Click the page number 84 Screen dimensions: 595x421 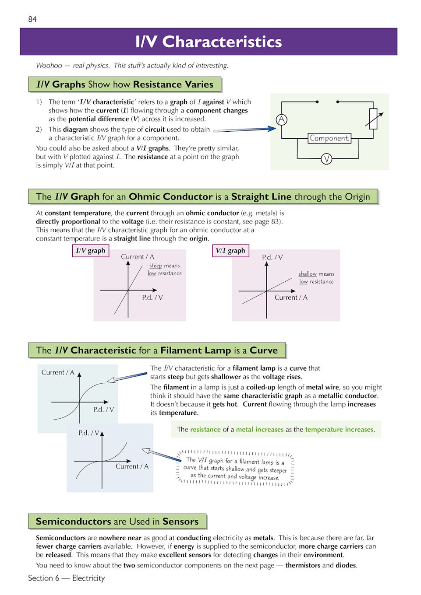click(32, 19)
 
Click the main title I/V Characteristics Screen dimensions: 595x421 click(209, 42)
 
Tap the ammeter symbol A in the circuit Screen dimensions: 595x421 click(282, 119)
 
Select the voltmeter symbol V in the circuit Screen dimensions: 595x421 click(326, 159)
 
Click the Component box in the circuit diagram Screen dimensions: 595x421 click(329, 138)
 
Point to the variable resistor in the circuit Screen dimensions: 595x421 click(373, 119)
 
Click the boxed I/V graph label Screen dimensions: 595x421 click(90, 251)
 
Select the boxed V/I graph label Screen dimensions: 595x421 click(230, 251)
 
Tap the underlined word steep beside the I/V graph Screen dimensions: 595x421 click(156, 266)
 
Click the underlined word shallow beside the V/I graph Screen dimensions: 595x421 click(308, 274)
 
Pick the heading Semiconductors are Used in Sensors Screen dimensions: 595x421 click(117, 521)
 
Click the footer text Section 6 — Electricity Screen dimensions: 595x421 click(67, 578)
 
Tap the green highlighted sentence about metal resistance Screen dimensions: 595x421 click(276, 430)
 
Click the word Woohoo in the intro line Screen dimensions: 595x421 click(49, 66)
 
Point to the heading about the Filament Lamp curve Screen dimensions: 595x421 click(157, 350)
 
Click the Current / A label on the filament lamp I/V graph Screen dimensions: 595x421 click(58, 372)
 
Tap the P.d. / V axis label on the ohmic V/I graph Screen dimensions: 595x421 click(272, 258)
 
